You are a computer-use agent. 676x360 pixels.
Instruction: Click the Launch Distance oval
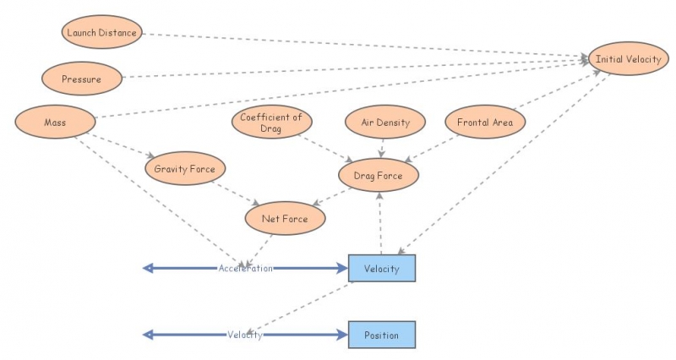(x=99, y=33)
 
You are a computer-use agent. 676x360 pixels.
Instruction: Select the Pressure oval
(x=81, y=79)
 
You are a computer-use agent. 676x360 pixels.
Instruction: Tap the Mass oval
(x=54, y=123)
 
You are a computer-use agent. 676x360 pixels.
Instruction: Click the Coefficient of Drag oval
(x=270, y=123)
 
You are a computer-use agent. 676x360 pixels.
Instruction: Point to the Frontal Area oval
(x=484, y=123)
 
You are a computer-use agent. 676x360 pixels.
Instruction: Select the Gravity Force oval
(x=184, y=169)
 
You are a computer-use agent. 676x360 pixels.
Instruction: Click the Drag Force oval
(x=377, y=176)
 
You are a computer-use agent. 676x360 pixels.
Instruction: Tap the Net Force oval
(x=284, y=219)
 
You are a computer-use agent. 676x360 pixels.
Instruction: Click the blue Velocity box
(x=382, y=268)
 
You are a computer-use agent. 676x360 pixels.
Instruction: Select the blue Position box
(x=382, y=335)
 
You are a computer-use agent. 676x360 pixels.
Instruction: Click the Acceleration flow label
(x=246, y=268)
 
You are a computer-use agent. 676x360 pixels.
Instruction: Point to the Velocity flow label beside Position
(x=245, y=335)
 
